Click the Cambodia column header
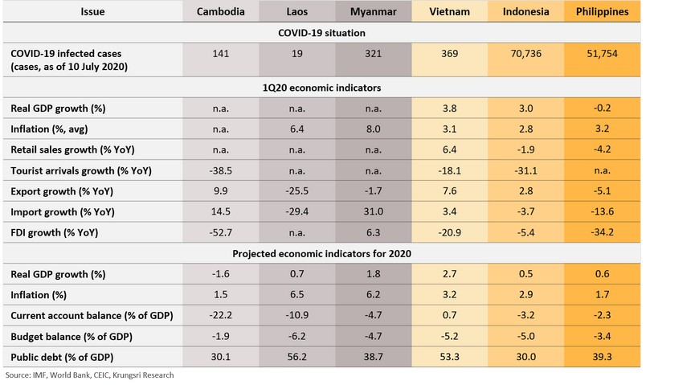(x=221, y=12)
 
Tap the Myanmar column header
(x=373, y=12)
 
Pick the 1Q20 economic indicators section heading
(x=321, y=87)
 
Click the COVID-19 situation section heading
(x=321, y=33)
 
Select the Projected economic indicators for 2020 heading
(x=321, y=254)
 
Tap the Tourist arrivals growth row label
(x=81, y=170)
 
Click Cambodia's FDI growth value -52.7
(x=221, y=233)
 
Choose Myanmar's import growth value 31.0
(x=373, y=212)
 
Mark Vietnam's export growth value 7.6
(x=451, y=191)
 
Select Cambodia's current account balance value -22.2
(x=221, y=315)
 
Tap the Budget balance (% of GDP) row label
(x=72, y=336)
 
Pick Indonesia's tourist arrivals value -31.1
(x=527, y=170)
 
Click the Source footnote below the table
(x=89, y=375)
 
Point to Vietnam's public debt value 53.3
(x=451, y=357)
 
